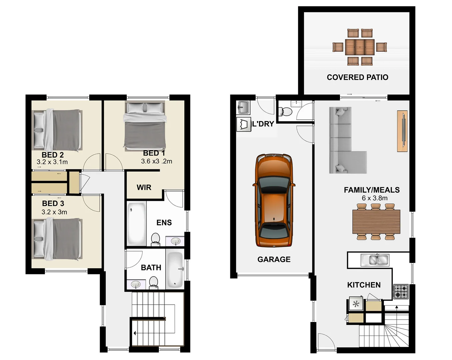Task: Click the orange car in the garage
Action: [274, 200]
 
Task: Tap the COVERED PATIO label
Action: [357, 77]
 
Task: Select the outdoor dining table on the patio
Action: [360, 47]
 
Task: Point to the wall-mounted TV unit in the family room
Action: [402, 131]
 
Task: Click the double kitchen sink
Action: [375, 260]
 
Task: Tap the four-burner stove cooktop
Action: [401, 291]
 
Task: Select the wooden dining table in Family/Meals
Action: [376, 222]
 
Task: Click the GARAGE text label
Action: [274, 259]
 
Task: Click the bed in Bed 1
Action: [145, 126]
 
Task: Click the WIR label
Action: [144, 188]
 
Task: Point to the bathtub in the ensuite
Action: [137, 223]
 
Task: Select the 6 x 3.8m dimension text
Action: [374, 198]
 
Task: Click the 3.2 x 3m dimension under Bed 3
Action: [54, 212]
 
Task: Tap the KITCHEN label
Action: [364, 285]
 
